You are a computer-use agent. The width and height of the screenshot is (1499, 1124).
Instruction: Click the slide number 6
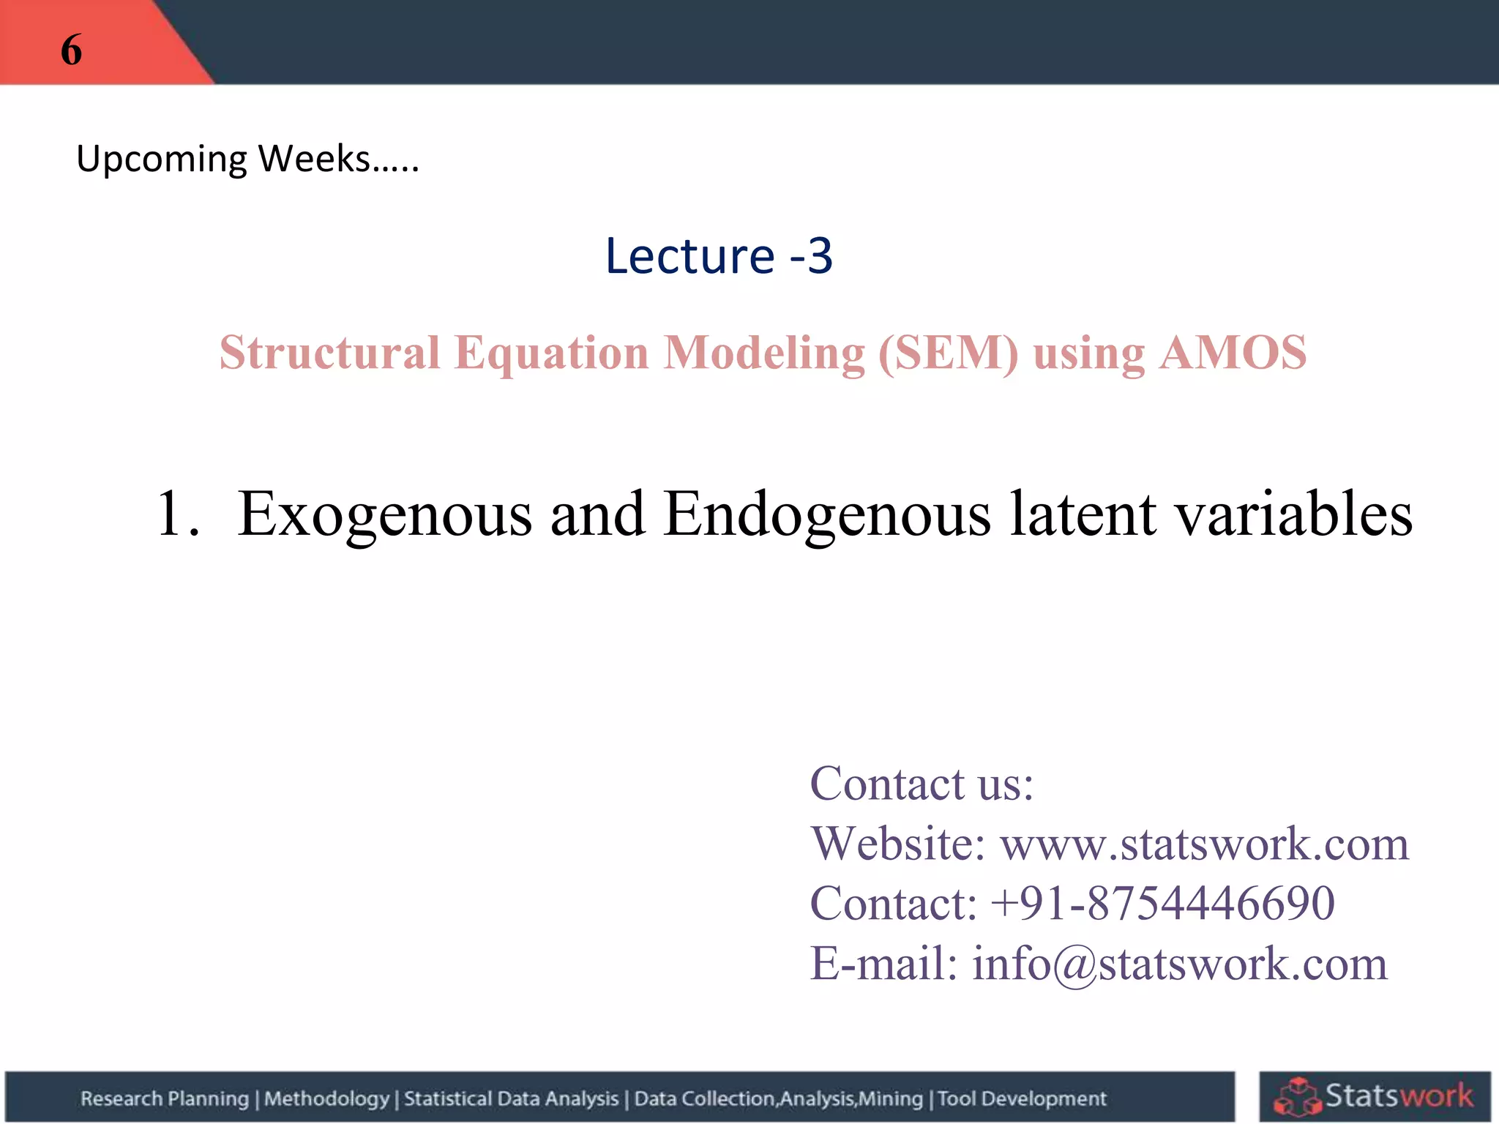pos(71,50)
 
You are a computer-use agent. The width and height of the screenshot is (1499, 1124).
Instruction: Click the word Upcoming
pos(162,159)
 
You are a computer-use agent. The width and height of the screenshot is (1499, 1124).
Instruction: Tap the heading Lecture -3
pos(719,256)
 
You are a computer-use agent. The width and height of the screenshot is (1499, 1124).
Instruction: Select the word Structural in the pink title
pos(329,353)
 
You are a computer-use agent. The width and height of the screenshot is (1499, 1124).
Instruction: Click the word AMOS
pos(1233,353)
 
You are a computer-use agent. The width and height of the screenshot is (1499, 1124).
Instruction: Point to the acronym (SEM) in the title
pos(948,353)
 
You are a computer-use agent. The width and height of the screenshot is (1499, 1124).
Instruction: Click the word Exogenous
pos(385,514)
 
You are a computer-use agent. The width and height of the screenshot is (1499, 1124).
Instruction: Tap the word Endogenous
pos(827,514)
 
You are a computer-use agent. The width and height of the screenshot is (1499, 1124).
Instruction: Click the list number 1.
pos(176,514)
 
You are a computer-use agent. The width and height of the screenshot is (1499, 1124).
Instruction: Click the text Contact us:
pos(922,784)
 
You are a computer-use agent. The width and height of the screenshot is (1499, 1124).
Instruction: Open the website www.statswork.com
pos(1204,844)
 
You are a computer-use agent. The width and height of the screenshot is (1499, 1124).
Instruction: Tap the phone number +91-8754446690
pos(1162,903)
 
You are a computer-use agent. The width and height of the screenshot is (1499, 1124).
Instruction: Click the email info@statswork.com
pos(1179,963)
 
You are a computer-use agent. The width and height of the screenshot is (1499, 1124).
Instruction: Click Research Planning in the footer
pos(165,1098)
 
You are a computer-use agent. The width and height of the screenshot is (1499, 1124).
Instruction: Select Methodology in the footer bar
pos(326,1098)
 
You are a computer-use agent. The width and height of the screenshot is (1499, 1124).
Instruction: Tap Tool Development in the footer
pos(1022,1098)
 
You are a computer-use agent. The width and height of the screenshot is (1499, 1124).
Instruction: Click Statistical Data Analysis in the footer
pos(511,1098)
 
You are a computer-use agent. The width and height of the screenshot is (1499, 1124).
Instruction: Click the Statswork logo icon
pos(1298,1096)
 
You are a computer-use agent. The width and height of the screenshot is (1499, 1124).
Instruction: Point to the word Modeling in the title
pos(764,353)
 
